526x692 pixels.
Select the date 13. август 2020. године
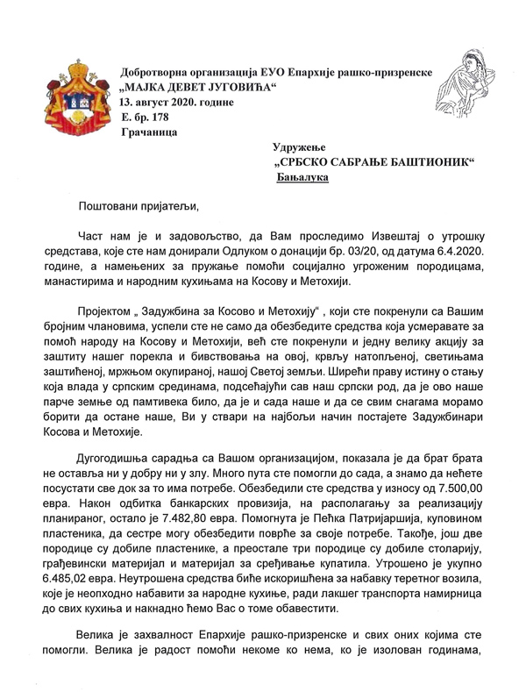(177, 102)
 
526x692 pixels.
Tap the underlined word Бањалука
(303, 177)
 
